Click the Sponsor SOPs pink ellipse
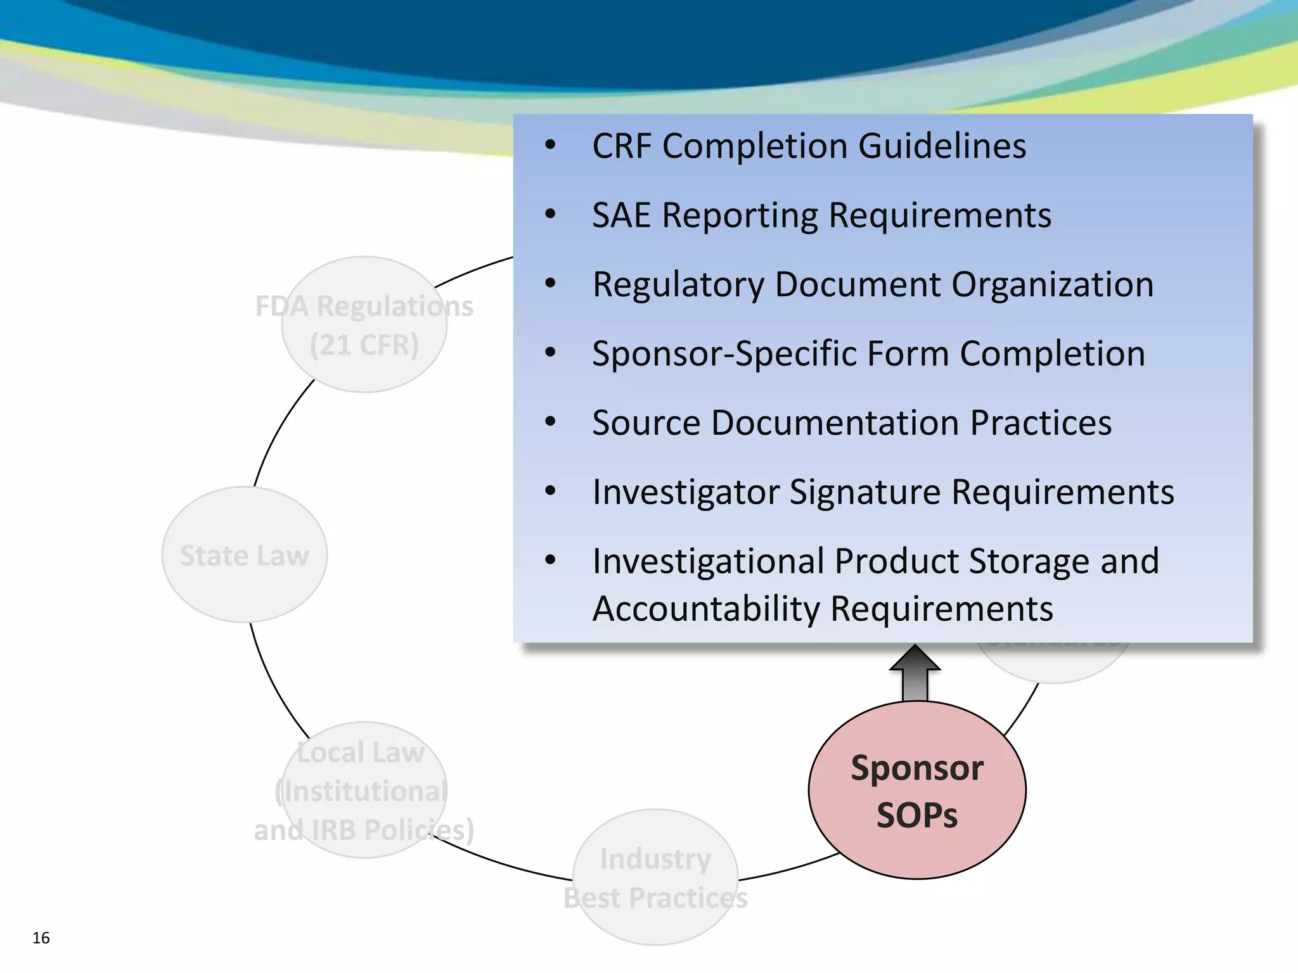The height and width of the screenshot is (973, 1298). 917,790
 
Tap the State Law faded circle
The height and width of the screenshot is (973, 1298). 245,555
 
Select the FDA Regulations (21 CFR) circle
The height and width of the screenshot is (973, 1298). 364,325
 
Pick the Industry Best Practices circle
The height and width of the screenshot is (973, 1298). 655,877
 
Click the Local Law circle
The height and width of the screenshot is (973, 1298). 364,790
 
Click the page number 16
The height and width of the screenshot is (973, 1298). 41,938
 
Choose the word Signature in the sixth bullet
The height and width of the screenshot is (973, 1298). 864,492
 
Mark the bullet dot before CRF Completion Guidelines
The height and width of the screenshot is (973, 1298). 550,146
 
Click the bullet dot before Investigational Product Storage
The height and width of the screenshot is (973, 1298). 550,560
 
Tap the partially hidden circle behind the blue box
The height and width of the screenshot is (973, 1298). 1052,662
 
